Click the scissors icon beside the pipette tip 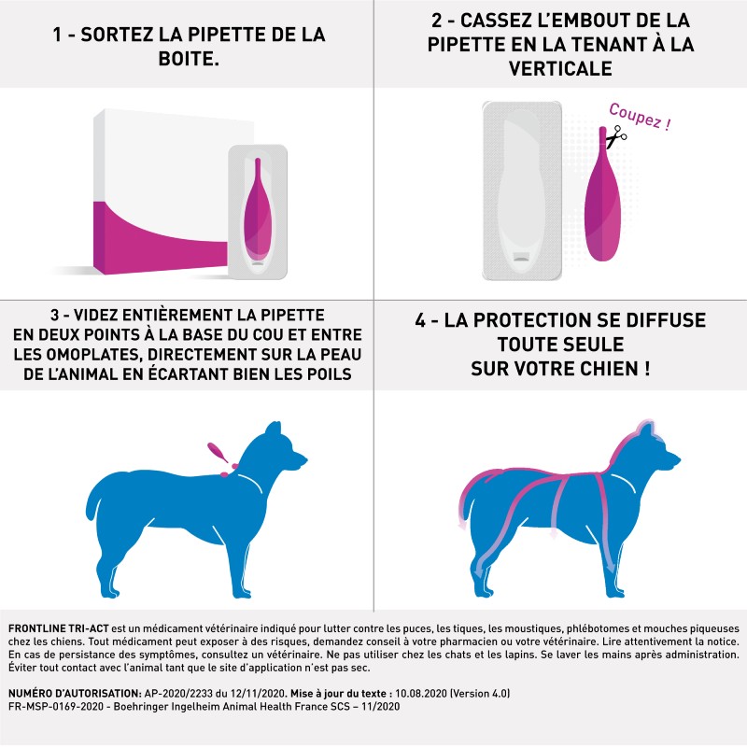click(x=616, y=135)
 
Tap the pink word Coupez click(x=635, y=115)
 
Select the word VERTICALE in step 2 click(x=560, y=68)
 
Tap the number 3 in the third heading click(x=55, y=315)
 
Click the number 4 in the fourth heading click(x=419, y=320)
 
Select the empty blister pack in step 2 click(x=522, y=190)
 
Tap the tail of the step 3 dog click(x=94, y=497)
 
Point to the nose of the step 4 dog click(x=678, y=459)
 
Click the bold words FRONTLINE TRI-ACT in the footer click(x=59, y=628)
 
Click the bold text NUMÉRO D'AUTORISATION click(x=75, y=693)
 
